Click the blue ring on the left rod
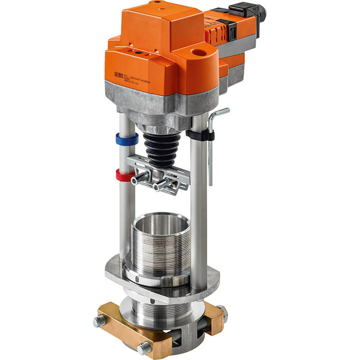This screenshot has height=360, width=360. click(127, 139)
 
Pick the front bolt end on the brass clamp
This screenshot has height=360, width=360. click(144, 346)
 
